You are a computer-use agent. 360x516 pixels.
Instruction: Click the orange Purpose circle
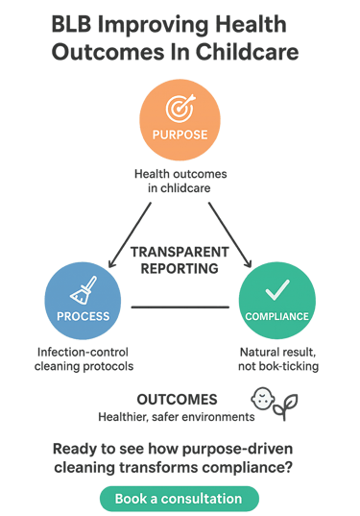180,123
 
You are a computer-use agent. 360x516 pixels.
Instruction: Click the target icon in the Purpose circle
180,108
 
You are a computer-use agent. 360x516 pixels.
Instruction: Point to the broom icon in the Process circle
84,289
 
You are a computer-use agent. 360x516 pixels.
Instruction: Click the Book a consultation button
179,499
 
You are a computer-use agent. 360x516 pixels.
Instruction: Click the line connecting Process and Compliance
180,307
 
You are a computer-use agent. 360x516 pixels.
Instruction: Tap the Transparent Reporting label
180,260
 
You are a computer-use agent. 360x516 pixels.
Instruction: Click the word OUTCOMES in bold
177,399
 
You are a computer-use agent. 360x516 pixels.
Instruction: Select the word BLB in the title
74,26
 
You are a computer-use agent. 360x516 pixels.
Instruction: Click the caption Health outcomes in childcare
180,181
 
